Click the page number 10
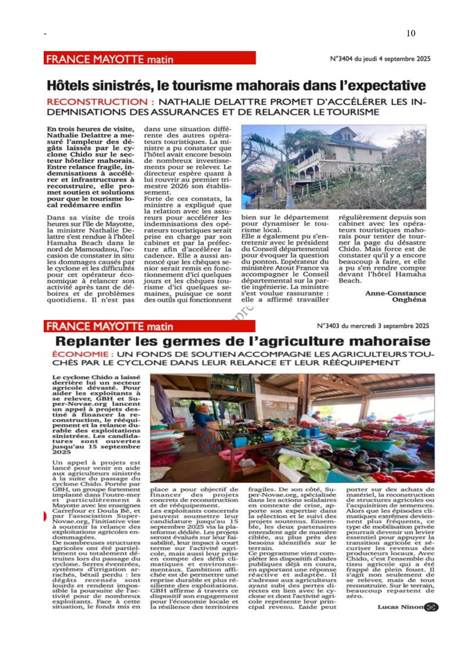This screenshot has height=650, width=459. [411, 33]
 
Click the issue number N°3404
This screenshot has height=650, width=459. [341, 59]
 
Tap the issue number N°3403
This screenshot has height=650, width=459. [328, 326]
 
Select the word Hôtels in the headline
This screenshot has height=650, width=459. [68, 86]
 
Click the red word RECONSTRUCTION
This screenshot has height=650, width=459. [97, 102]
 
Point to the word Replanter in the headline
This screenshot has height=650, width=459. [93, 341]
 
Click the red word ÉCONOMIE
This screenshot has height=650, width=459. [80, 354]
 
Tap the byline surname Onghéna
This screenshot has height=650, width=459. [409, 300]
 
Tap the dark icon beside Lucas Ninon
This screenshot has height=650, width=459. [431, 607]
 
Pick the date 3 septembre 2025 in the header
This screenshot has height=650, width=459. [403, 326]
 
